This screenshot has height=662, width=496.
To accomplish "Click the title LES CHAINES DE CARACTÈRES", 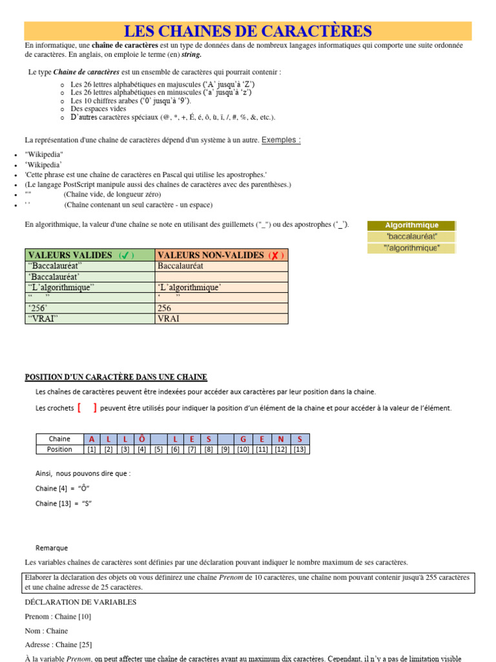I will point(248,31).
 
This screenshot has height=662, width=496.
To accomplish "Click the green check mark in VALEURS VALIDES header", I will point(126,255).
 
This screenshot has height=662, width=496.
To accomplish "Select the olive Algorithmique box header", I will point(411,225).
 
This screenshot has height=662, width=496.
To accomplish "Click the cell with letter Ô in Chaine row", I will point(142,439).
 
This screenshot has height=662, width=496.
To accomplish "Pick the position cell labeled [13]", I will point(300,449).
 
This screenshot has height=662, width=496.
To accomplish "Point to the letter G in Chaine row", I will point(243,439).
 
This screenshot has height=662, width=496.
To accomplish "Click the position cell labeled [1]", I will point(92,449).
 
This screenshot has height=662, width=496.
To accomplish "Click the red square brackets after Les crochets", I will point(87,407).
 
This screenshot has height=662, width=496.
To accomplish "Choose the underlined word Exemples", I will point(281,140).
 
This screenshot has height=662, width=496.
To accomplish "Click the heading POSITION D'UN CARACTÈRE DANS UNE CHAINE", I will point(116,377).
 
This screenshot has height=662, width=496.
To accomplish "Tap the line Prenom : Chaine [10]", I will point(57,616).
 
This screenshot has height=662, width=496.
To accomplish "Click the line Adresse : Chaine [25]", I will point(58,645).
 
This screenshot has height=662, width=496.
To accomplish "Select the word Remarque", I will point(52,548).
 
